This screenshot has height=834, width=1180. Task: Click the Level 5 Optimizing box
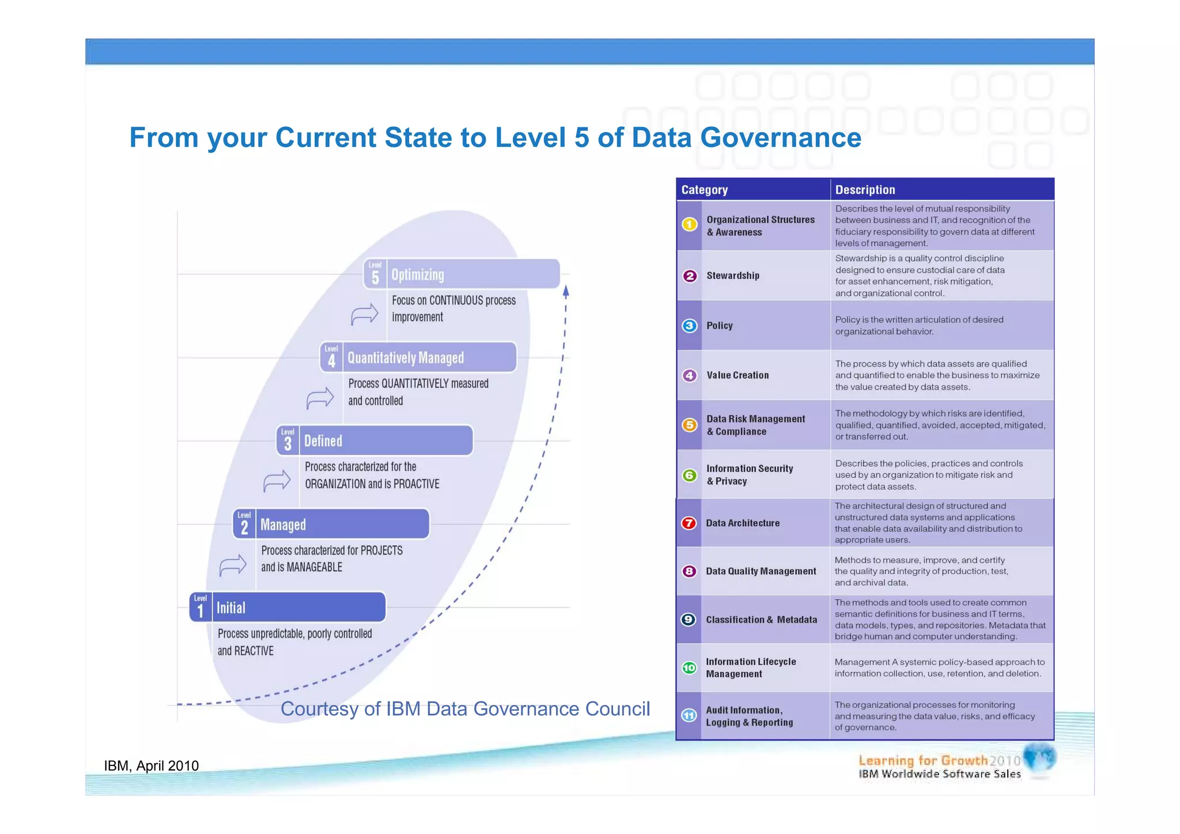(x=462, y=274)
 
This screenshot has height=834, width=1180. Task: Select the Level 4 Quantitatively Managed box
(x=418, y=358)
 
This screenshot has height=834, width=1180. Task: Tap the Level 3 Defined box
(x=375, y=441)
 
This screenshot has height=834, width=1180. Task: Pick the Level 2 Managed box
(x=331, y=524)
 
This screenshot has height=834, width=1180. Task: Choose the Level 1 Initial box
(x=288, y=607)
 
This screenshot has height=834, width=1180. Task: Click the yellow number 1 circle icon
(x=689, y=225)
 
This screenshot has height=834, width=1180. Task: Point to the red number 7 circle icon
(x=689, y=523)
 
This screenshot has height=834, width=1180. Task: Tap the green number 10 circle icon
(x=689, y=668)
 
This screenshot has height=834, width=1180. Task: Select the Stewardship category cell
(x=733, y=276)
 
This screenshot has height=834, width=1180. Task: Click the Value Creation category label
(x=737, y=375)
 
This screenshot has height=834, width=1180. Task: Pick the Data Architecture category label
(x=743, y=523)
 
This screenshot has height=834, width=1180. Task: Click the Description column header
(x=865, y=190)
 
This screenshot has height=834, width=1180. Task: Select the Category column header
(x=704, y=190)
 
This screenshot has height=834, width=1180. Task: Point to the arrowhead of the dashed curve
(x=566, y=291)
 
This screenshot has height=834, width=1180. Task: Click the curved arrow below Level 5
(x=365, y=314)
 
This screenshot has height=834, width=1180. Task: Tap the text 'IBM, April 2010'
(x=151, y=766)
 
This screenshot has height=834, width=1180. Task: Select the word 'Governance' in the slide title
(x=781, y=138)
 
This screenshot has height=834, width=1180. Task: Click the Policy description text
(x=919, y=326)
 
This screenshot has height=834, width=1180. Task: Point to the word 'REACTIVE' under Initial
(x=254, y=651)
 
